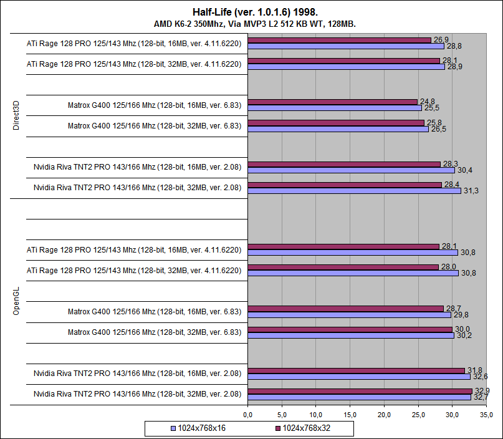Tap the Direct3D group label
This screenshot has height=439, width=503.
tap(16, 116)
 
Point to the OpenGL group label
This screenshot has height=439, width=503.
tap(16, 302)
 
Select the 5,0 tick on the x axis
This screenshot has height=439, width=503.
tap(282, 414)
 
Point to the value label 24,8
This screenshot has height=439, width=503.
tap(426, 101)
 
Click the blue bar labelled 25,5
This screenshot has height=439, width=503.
tap(335, 108)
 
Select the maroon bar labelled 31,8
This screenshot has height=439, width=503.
tap(356, 370)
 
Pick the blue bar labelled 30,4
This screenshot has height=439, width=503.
tap(351, 170)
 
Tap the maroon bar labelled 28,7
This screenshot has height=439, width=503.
tap(345, 309)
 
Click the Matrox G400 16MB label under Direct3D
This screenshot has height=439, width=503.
tap(155, 105)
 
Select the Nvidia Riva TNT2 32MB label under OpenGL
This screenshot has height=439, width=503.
tap(137, 393)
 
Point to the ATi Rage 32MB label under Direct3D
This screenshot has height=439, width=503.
tap(134, 64)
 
